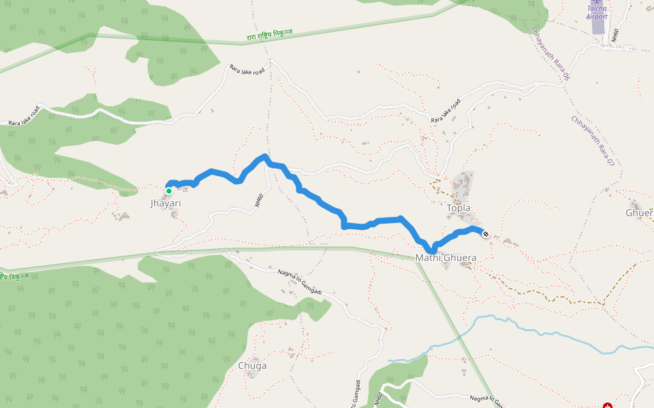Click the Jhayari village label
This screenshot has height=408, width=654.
[x=166, y=203]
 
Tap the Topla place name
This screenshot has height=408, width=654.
[x=458, y=208]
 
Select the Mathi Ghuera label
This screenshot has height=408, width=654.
[x=446, y=258]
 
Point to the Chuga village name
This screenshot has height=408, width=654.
[x=252, y=366]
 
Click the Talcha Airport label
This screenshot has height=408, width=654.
[x=597, y=12]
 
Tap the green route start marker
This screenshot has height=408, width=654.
[x=169, y=191]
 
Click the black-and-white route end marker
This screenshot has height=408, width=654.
[x=486, y=235]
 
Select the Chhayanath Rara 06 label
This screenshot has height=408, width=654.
[x=550, y=54]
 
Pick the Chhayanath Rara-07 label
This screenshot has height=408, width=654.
[x=593, y=141]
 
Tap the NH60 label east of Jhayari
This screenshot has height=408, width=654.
[x=259, y=201]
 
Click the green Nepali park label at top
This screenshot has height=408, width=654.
[x=270, y=36]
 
